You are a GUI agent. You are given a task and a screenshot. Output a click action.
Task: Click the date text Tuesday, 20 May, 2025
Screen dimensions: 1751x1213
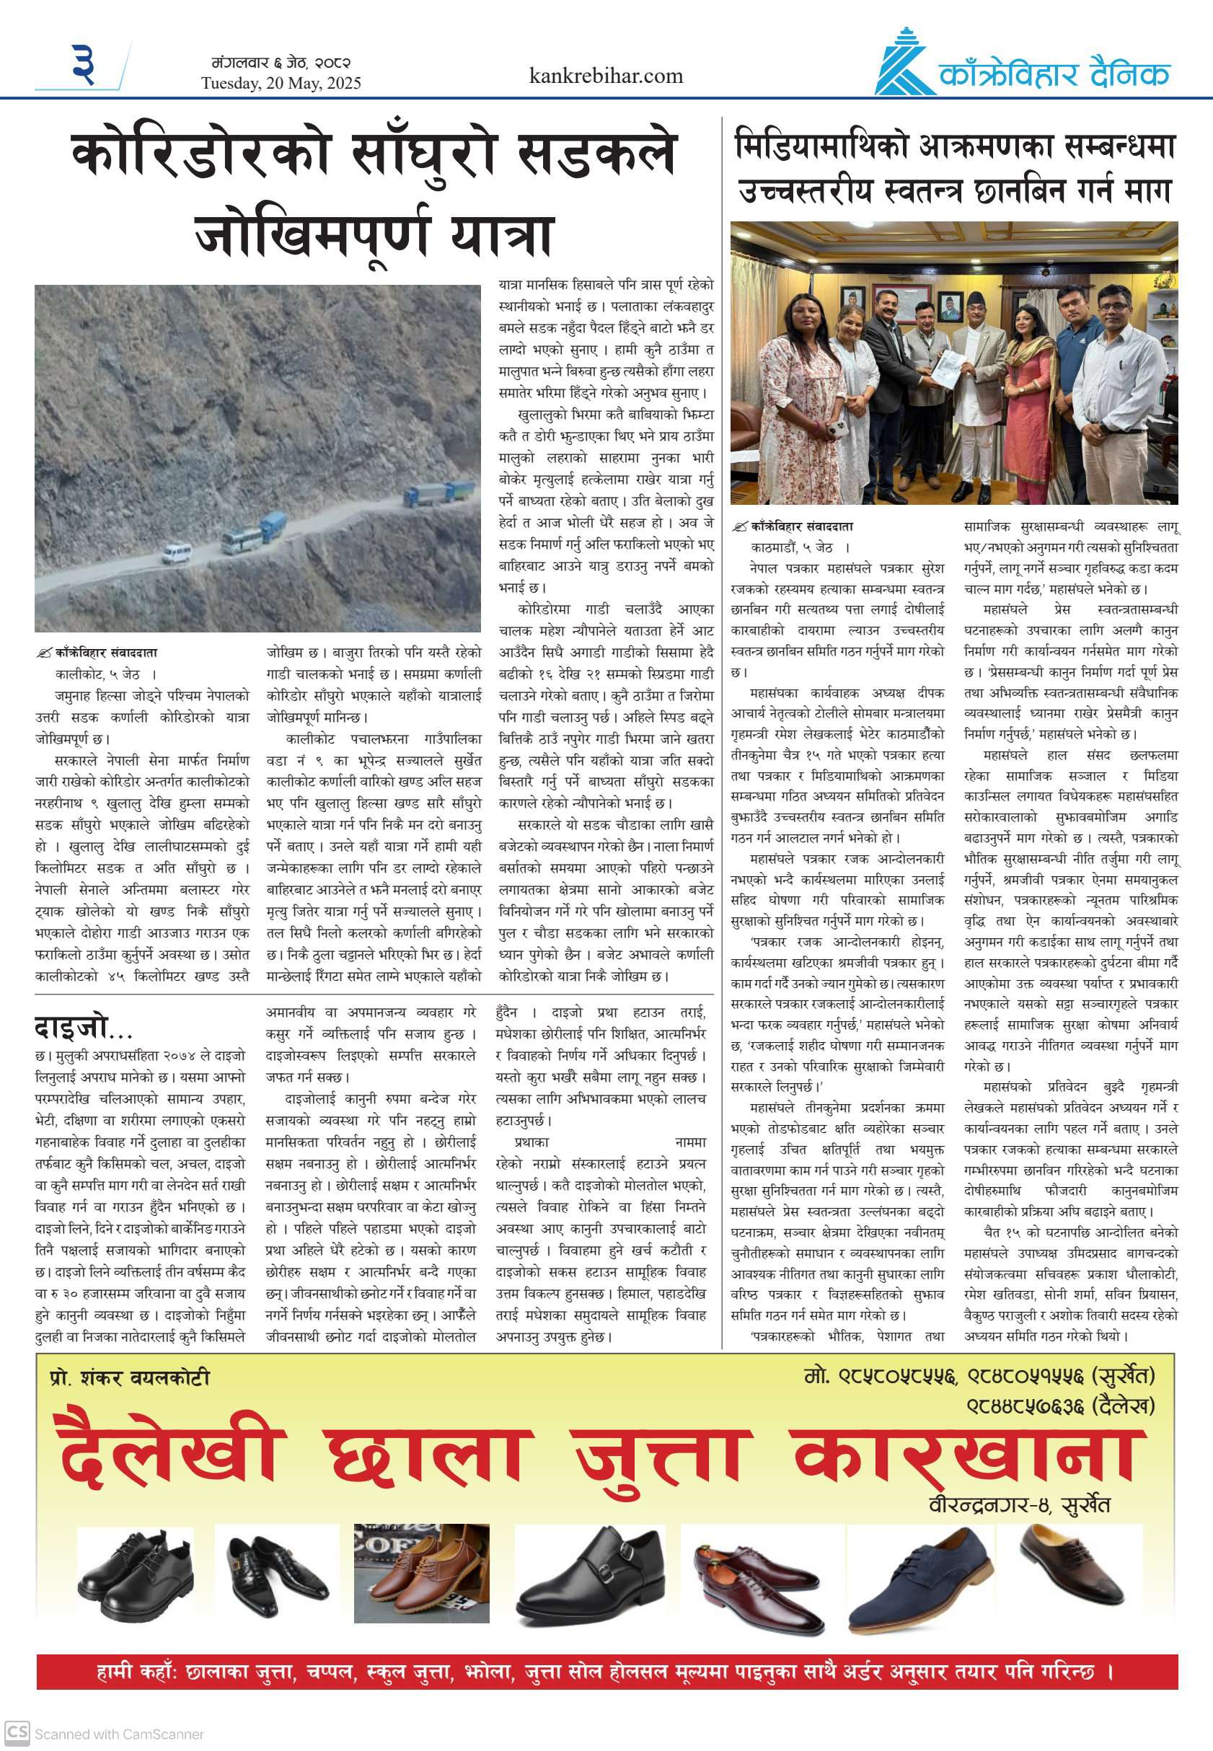[x=281, y=84]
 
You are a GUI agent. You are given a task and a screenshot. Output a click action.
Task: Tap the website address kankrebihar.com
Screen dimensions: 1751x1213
[x=606, y=76]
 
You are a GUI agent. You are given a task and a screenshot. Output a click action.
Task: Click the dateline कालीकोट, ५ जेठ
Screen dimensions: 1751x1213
[x=97, y=674]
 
